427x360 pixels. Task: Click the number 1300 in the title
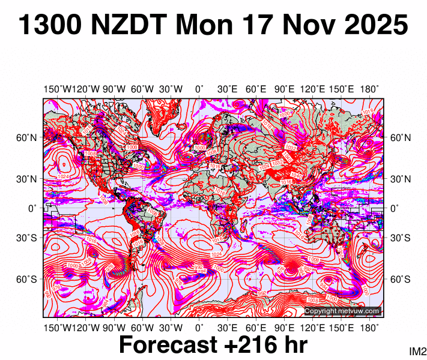pos(50,26)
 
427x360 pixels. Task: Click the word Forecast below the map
pos(168,346)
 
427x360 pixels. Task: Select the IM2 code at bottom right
pos(417,351)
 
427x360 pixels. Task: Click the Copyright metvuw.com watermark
pos(342,311)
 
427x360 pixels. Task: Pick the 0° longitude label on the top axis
pos(199,89)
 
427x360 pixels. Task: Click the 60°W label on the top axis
pos(142,89)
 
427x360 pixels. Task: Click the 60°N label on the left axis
pos(26,138)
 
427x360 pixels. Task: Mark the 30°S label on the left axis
pos(26,238)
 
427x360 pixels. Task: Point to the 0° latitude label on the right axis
pos(395,208)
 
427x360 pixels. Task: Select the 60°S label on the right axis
pos(401,280)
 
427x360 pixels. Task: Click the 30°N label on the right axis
pos(401,179)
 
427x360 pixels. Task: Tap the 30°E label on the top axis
pos(228,89)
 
